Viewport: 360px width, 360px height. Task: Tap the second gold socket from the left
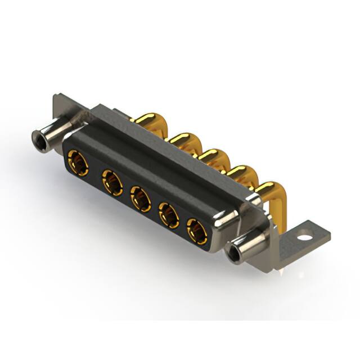pos(112,183)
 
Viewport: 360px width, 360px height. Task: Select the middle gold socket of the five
pos(140,199)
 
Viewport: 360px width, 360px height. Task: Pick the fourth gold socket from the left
pos(169,214)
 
